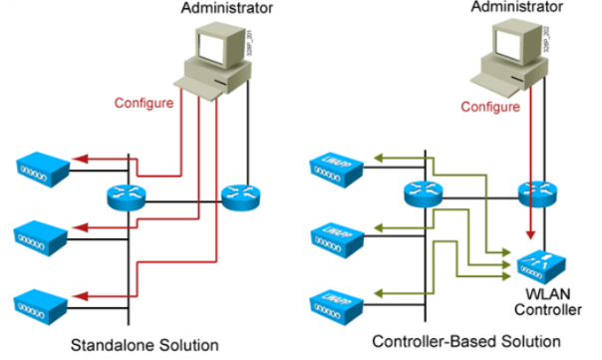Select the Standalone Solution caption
click(x=144, y=346)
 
